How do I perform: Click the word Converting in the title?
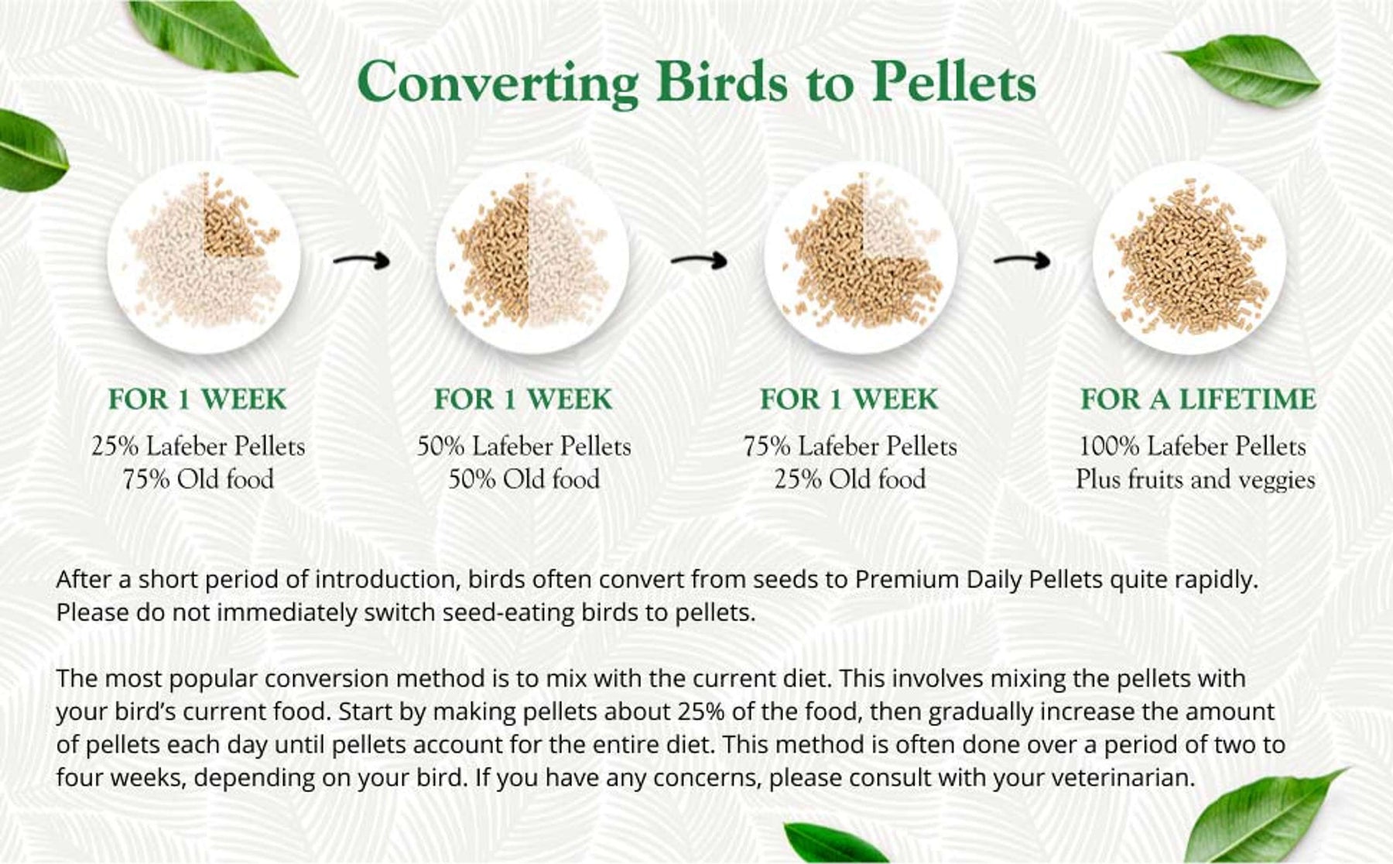click(x=498, y=83)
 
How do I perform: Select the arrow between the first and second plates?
click(x=361, y=260)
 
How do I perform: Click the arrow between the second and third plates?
click(x=700, y=260)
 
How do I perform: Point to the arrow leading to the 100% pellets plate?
click(x=1022, y=260)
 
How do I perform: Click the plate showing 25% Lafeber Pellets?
click(x=203, y=258)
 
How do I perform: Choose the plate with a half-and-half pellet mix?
click(x=532, y=258)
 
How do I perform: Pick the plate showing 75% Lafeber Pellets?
click(x=861, y=258)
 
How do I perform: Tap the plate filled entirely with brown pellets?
click(x=1189, y=258)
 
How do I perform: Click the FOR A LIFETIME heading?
click(x=1198, y=399)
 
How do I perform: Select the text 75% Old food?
click(x=198, y=479)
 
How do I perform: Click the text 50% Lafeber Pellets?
click(x=524, y=446)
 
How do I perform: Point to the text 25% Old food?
click(x=850, y=479)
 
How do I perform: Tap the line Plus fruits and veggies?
click(x=1196, y=479)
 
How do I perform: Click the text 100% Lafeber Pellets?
click(x=1193, y=446)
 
